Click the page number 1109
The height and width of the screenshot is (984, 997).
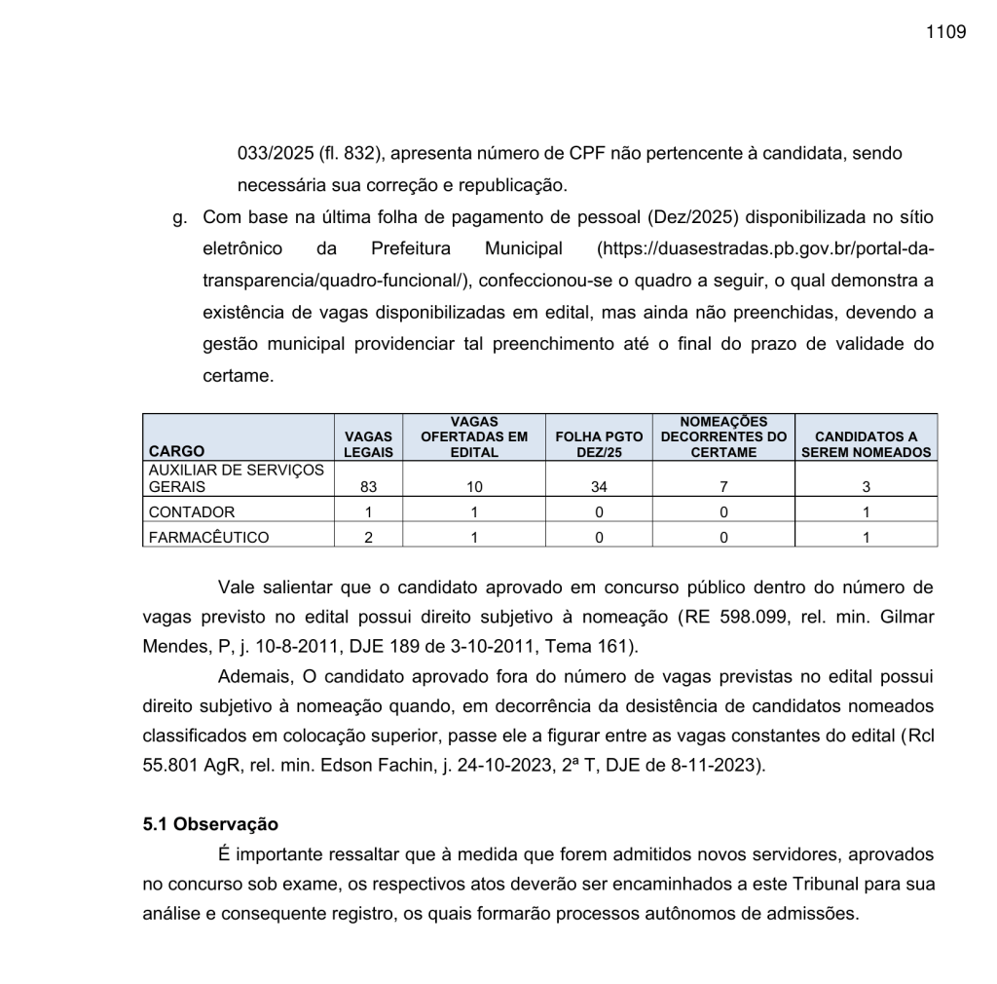tap(946, 32)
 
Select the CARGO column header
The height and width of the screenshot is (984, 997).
tap(176, 451)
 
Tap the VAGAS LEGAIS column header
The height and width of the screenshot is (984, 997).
tap(369, 444)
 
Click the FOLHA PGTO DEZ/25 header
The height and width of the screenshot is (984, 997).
tap(599, 444)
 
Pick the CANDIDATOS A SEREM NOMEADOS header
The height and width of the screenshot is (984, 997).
tap(866, 444)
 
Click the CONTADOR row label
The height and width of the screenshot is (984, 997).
tap(192, 511)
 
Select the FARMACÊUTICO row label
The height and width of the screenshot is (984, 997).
tap(208, 536)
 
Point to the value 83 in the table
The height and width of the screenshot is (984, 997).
tap(369, 487)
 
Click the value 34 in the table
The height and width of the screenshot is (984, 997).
tap(599, 487)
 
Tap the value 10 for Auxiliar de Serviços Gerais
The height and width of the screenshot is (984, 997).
tap(474, 487)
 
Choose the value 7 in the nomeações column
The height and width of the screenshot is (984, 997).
tap(723, 487)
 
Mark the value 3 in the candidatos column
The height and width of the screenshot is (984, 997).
tap(866, 487)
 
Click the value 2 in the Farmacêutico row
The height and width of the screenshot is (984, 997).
tap(369, 536)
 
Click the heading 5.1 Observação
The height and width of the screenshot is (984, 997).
tap(210, 824)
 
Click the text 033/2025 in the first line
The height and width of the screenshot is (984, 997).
tap(271, 153)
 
